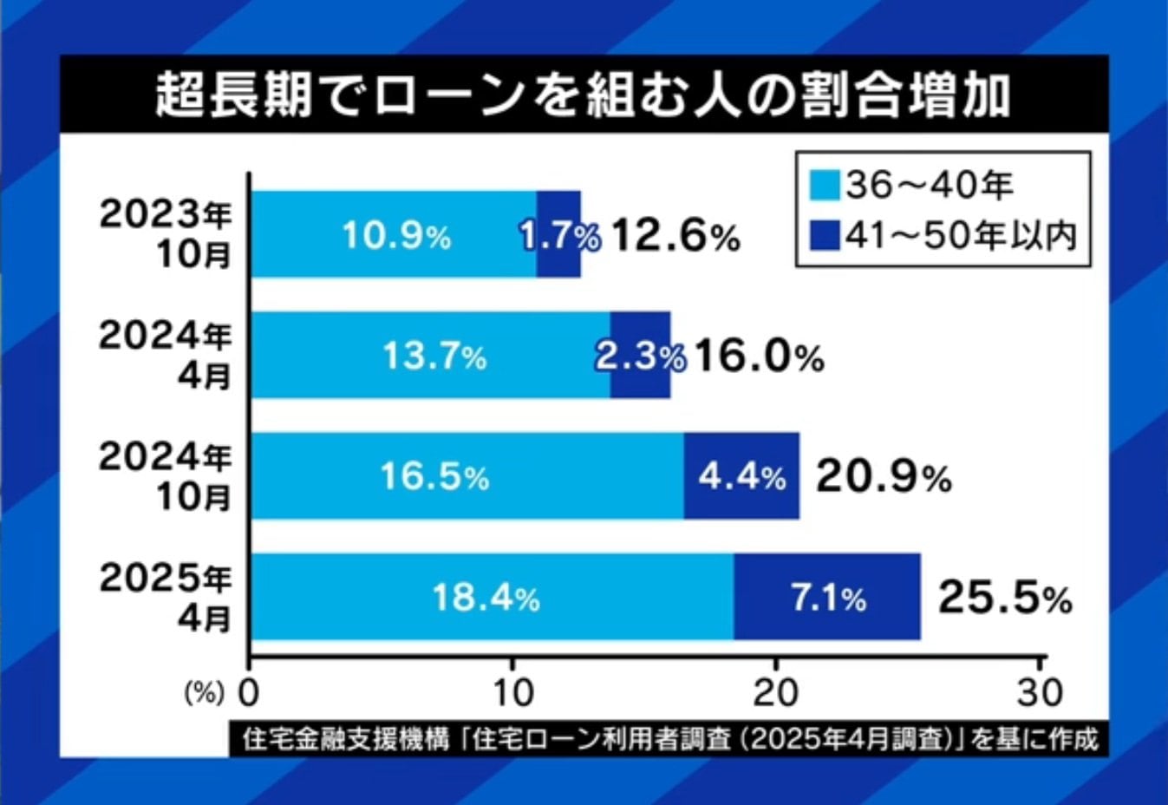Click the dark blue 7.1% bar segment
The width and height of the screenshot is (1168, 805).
(x=827, y=598)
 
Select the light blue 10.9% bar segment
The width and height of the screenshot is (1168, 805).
(x=395, y=234)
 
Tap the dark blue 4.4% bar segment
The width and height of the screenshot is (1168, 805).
(x=741, y=476)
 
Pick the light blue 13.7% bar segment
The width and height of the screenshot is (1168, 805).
(x=432, y=356)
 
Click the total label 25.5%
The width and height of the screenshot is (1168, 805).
(x=1005, y=599)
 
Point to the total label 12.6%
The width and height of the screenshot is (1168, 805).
(x=675, y=235)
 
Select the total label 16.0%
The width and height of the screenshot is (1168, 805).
(x=758, y=357)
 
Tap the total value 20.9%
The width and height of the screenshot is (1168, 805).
(x=883, y=477)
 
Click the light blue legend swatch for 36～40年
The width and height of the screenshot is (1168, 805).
(x=825, y=185)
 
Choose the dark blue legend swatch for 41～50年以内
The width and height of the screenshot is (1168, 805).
(x=825, y=234)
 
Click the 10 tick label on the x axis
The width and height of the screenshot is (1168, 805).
(x=512, y=693)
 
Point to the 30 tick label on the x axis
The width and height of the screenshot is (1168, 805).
(x=1041, y=693)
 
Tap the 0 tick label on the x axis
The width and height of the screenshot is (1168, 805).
(x=249, y=693)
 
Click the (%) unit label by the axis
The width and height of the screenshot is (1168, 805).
(x=205, y=694)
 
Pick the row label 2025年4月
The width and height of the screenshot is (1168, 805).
(x=166, y=598)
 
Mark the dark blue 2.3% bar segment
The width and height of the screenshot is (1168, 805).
(x=640, y=356)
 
